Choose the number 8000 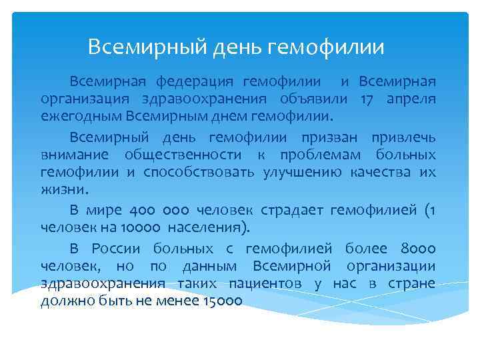coord(419,249)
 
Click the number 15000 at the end coord(222,302)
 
